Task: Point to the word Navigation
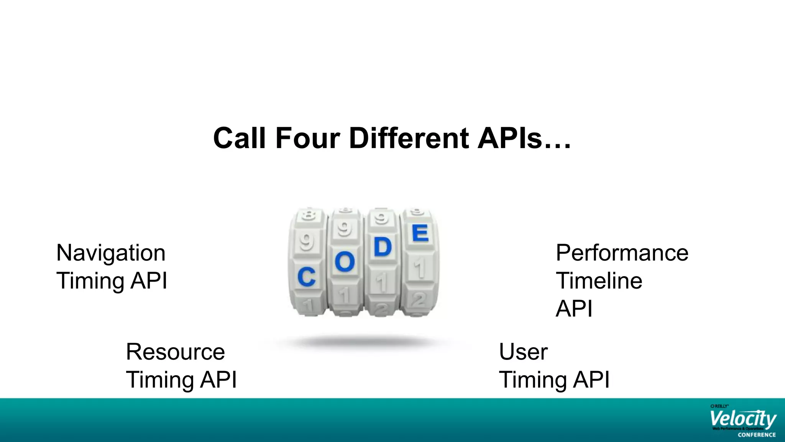[111, 253]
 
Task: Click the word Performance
[622, 253]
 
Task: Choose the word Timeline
[599, 281]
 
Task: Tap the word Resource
[175, 352]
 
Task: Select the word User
[523, 352]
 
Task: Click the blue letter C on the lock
[306, 277]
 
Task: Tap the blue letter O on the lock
[345, 262]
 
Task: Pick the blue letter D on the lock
[383, 247]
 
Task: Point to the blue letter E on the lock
[420, 233]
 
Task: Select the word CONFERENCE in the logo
[757, 435]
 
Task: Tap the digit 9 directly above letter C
[306, 242]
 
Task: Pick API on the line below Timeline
[574, 308]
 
